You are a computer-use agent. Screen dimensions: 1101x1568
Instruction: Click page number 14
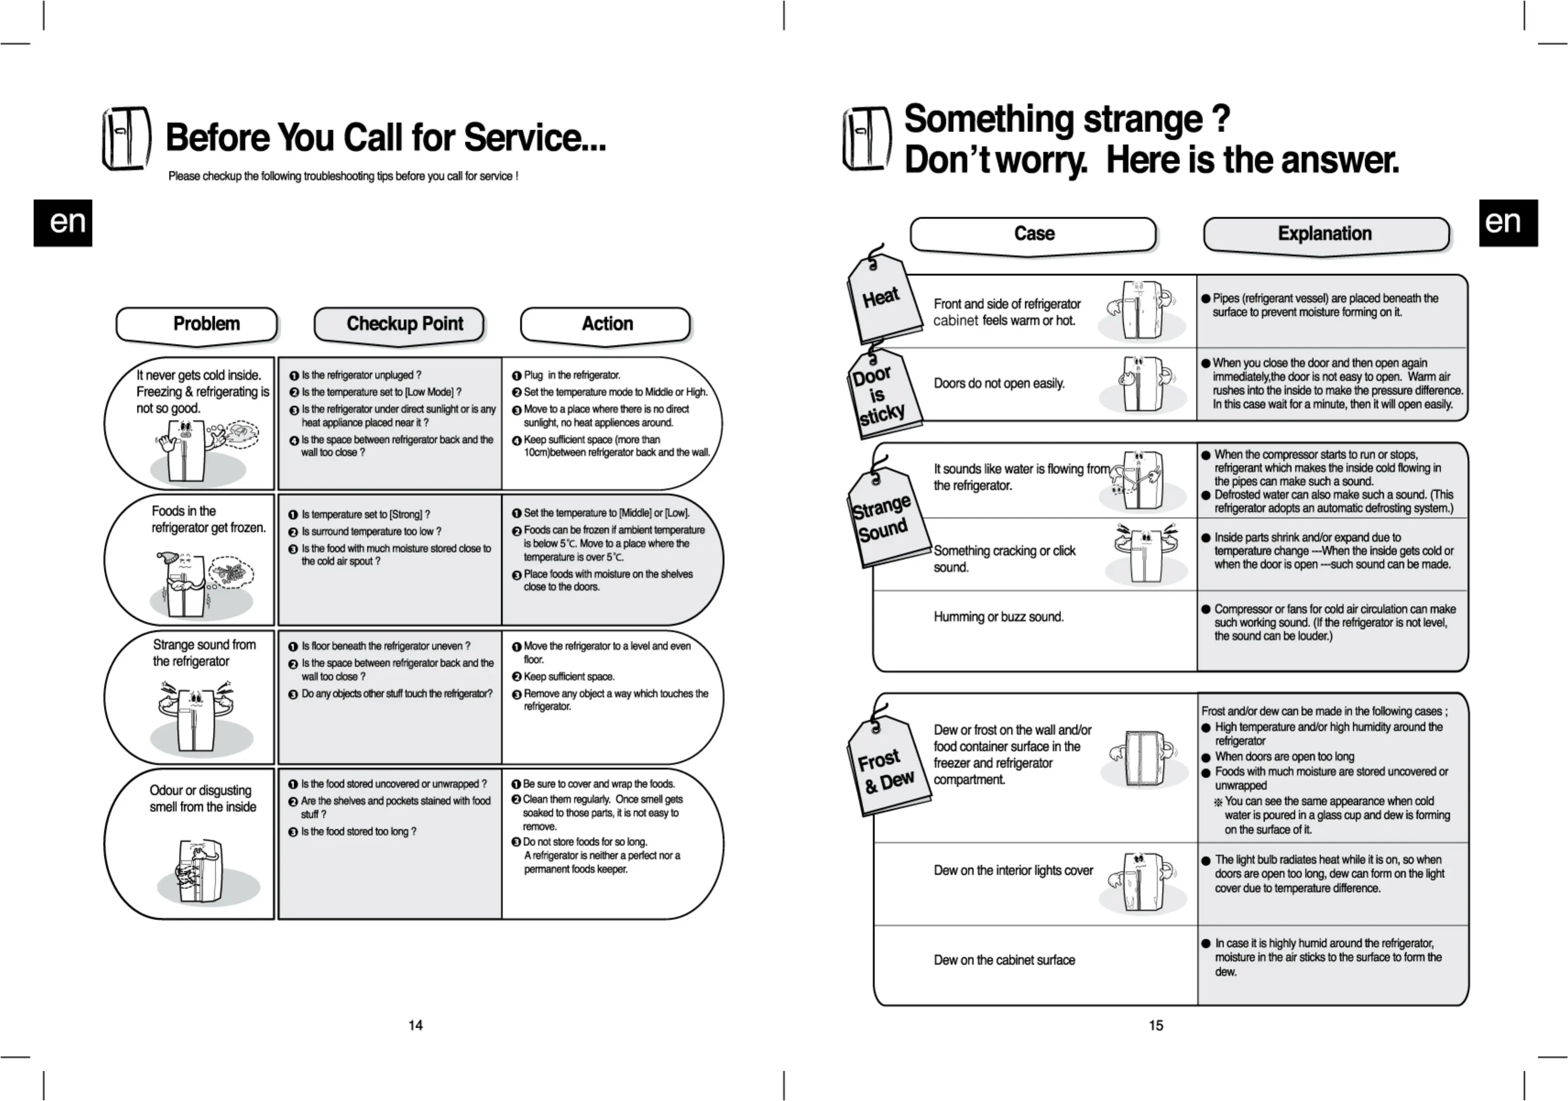[415, 1025]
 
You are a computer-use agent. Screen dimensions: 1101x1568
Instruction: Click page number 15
[1155, 1025]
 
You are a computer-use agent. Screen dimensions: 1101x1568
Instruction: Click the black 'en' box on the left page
[63, 223]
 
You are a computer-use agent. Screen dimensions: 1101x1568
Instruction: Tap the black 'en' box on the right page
[1508, 223]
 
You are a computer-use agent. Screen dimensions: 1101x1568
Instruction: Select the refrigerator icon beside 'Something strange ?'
[866, 139]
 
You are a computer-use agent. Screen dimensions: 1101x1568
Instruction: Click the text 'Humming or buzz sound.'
[998, 617]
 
